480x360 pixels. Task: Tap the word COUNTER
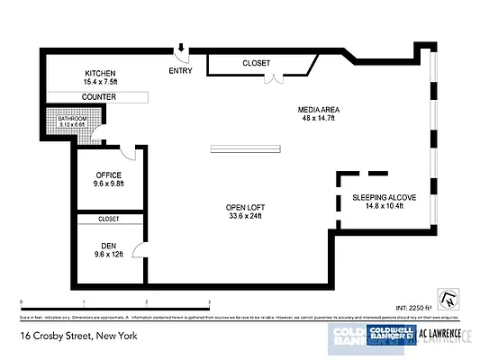[100, 96]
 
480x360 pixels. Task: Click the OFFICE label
[108, 175]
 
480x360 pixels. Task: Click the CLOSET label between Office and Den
[108, 219]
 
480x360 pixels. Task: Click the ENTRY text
[180, 70]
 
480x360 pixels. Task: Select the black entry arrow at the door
[180, 50]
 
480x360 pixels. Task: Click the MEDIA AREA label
[317, 110]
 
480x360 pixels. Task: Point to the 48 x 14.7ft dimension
[317, 118]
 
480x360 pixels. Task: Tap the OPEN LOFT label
[245, 208]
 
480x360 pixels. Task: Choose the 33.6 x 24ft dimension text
[245, 217]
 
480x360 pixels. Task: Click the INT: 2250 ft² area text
[413, 307]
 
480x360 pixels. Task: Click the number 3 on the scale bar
[209, 302]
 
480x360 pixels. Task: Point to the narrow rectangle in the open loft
[245, 148]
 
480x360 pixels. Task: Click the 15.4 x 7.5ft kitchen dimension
[100, 82]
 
